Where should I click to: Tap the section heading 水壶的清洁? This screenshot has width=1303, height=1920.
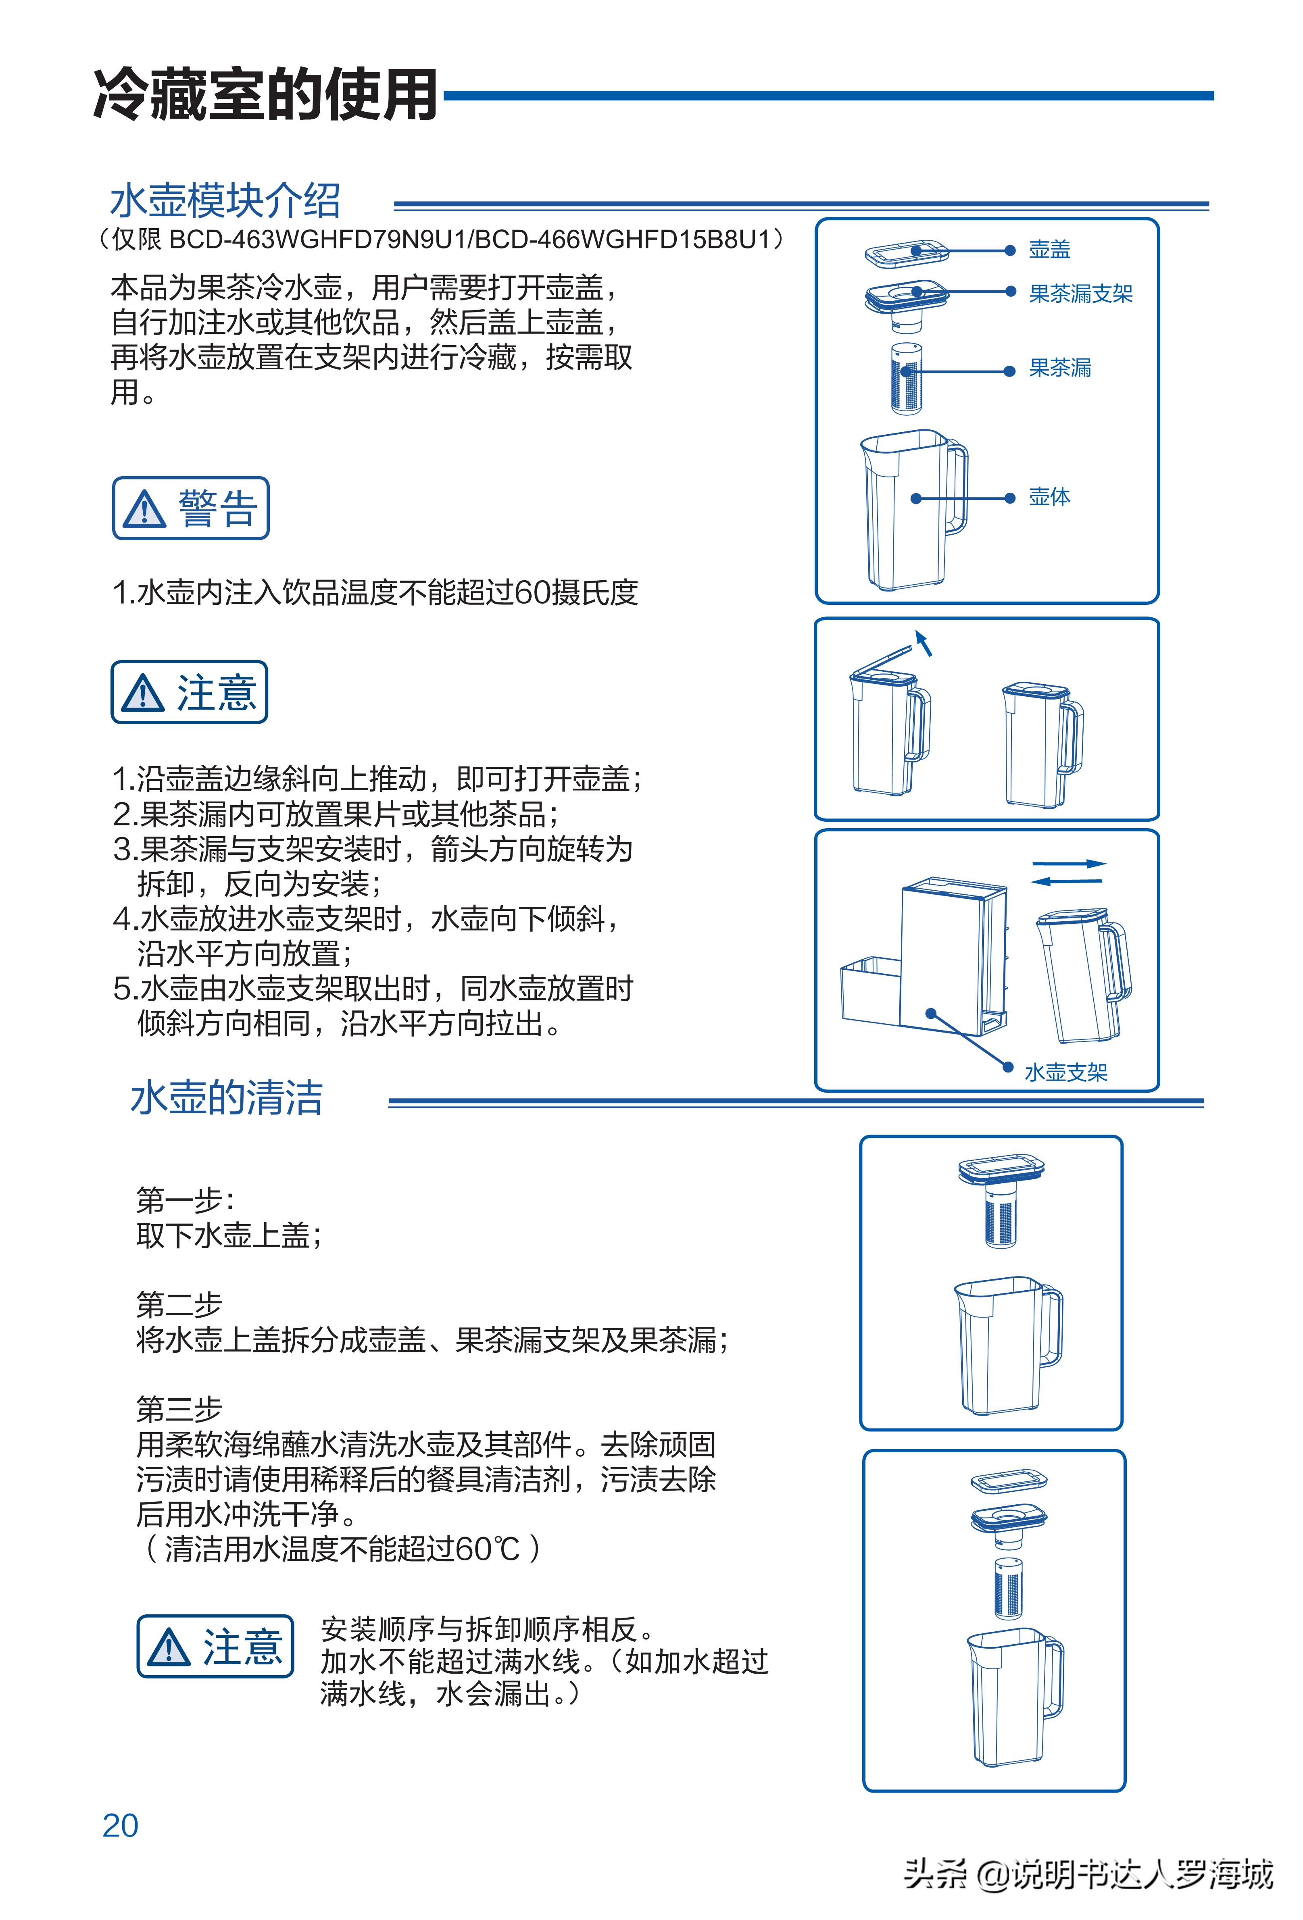[x=226, y=1098]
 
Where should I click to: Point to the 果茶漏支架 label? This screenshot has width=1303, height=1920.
[x=1080, y=293]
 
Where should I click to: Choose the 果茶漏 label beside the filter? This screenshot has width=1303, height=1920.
[x=1059, y=368]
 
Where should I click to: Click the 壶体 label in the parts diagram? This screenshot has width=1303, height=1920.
[x=1049, y=496]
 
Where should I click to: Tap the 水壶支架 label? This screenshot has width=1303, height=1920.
[x=1065, y=1072]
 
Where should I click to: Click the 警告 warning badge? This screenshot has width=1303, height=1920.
[x=191, y=508]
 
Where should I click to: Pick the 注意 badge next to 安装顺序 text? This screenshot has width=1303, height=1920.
[x=215, y=1647]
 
